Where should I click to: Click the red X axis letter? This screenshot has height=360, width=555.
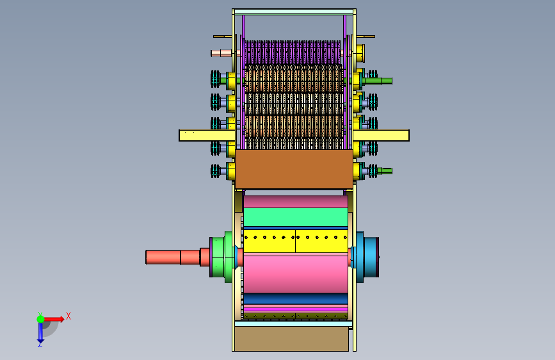coord(68,316)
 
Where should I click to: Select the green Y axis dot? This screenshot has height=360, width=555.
coord(40,319)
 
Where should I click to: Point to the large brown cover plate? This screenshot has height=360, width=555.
coord(294,169)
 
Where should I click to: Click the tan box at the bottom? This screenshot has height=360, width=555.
coord(292,339)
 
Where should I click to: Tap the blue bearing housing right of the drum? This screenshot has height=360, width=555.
coord(367,258)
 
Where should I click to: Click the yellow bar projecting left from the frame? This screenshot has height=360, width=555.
coord(207,135)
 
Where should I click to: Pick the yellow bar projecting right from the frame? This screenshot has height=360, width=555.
coord(382,135)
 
